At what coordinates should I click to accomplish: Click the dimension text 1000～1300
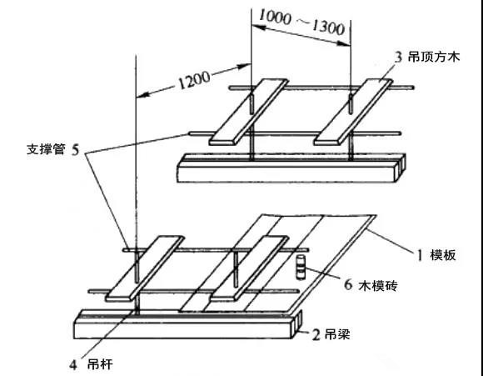(301, 23)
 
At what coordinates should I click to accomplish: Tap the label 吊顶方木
(434, 57)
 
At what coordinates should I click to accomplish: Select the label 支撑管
(46, 149)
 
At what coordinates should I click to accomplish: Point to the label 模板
(443, 255)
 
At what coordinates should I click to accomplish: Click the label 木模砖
(378, 286)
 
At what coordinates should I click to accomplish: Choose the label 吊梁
(337, 334)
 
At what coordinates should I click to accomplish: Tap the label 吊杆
(100, 365)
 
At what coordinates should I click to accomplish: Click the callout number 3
(398, 58)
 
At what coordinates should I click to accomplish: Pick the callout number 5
(76, 150)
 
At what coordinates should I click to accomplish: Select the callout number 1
(420, 255)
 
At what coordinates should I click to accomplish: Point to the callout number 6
(348, 284)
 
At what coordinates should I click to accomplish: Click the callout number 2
(316, 334)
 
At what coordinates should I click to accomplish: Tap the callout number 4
(73, 365)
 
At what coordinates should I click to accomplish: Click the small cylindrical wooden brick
(301, 267)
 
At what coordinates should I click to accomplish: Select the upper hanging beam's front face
(286, 174)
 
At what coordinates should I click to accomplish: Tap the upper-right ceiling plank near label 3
(353, 112)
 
